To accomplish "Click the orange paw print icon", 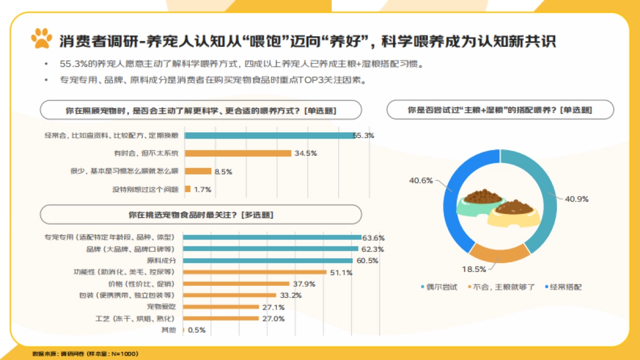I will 42,39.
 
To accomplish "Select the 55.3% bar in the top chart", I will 269,135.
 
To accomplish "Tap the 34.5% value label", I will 306,153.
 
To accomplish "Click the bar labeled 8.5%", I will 198,171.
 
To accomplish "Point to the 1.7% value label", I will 203,189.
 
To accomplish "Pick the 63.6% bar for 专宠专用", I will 273,237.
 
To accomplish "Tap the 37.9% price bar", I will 237,284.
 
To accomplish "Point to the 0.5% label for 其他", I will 197,330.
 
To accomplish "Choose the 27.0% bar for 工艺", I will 221,318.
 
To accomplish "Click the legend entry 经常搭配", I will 563,287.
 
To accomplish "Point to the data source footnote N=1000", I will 85,354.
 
